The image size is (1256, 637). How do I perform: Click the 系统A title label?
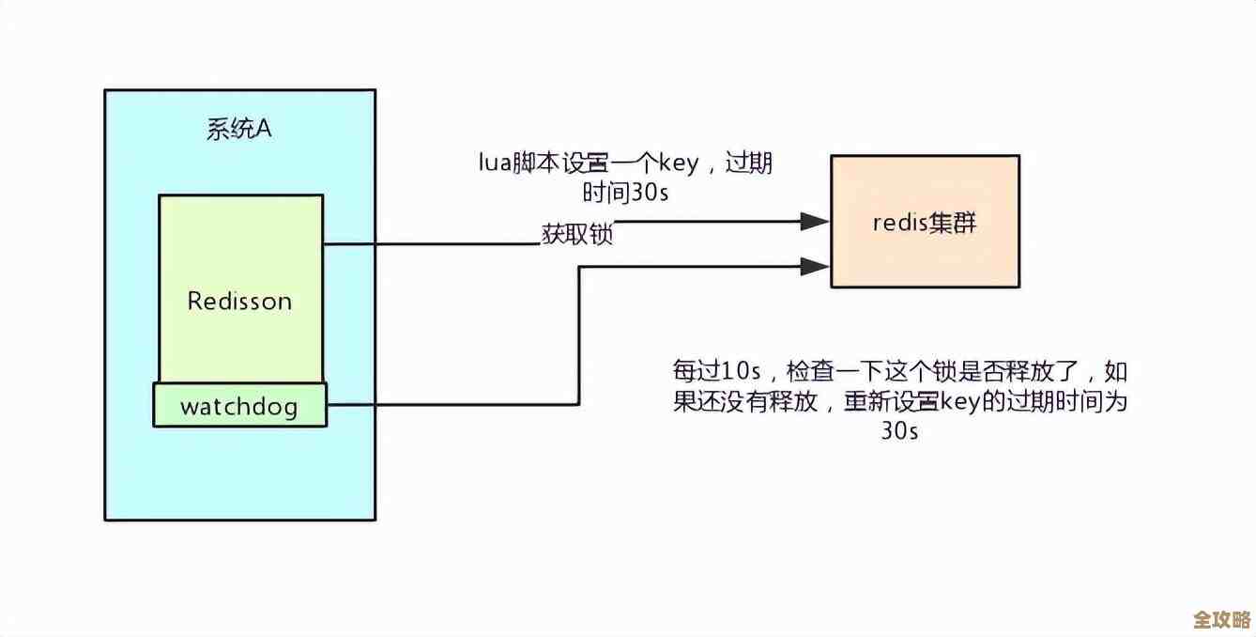(238, 130)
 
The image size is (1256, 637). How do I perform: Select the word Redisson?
(239, 302)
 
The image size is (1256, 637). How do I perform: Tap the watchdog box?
(239, 406)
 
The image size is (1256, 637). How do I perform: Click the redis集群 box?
(925, 223)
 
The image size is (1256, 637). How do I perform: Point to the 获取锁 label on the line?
(576, 235)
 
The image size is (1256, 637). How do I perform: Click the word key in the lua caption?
(678, 163)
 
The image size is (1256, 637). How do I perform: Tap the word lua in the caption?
(493, 163)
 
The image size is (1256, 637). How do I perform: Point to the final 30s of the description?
(898, 431)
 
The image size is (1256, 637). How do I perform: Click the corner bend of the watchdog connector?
(578, 405)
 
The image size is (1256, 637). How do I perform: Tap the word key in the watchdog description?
(954, 400)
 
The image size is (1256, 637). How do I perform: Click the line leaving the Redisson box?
(422, 244)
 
